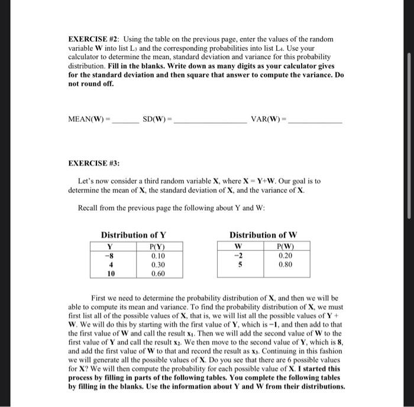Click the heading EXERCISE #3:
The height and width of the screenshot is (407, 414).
point(93,161)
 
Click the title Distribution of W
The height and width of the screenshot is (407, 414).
point(264,235)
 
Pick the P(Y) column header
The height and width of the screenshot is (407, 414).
point(157,247)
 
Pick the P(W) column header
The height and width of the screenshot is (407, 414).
point(284,247)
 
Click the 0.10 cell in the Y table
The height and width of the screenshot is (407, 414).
point(157,256)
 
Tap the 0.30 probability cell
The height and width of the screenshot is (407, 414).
point(157,265)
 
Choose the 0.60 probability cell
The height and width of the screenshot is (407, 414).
point(157,274)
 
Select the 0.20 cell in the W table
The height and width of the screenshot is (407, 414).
point(284,256)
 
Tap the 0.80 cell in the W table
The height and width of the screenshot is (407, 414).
point(284,265)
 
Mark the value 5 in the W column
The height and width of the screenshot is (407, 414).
point(238,265)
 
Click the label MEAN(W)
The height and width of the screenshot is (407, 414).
point(86,118)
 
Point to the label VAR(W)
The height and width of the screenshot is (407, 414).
point(267,118)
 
